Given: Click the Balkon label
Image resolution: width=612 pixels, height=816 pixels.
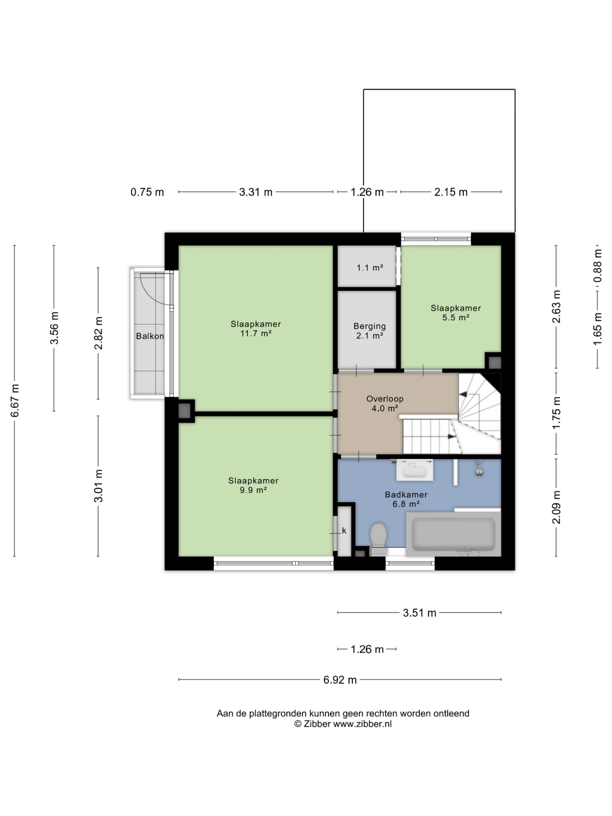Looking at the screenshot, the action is tap(150, 336).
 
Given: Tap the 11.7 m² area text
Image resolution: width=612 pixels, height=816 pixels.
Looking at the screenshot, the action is tap(256, 333).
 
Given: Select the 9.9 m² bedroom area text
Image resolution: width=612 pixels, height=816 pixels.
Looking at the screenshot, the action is tap(253, 490).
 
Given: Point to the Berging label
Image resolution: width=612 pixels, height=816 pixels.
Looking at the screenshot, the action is tap(370, 326).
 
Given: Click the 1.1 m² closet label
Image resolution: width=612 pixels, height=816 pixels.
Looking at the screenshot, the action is tap(370, 268).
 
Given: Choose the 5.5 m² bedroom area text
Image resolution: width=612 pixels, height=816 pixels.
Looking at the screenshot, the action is tap(455, 317).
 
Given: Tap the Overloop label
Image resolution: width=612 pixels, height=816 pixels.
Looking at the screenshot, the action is tap(385, 399).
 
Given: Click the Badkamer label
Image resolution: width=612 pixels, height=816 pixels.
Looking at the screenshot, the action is tap(406, 495).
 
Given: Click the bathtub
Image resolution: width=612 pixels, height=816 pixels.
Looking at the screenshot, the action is tap(453, 534).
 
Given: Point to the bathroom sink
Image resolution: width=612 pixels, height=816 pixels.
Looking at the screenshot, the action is tap(415, 470).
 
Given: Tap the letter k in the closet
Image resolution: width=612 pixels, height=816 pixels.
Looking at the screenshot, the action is tap(344, 530).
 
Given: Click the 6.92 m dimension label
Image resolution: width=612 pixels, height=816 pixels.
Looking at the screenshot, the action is tap(340, 680).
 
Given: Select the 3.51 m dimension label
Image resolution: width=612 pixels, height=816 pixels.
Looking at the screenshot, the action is tap(419, 613).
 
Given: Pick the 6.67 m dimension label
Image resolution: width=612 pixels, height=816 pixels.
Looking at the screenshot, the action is tap(15, 401).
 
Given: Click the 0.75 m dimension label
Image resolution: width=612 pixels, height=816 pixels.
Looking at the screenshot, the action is tap(147, 192).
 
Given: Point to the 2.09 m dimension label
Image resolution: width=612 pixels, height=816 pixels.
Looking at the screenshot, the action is tap(556, 507).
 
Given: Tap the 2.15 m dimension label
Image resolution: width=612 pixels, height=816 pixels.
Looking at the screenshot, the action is tap(451, 192).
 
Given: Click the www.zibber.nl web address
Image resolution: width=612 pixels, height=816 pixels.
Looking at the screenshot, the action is tap(362, 724).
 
